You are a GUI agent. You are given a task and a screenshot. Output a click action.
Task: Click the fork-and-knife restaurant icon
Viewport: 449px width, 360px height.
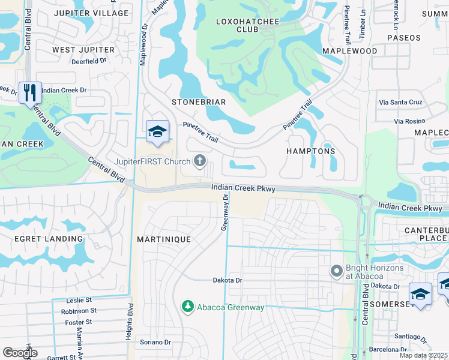click(x=30, y=93)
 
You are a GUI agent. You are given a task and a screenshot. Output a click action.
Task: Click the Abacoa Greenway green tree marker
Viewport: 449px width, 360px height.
click(x=188, y=307)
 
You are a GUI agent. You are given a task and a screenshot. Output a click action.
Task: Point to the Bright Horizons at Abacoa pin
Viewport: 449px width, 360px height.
click(x=336, y=272)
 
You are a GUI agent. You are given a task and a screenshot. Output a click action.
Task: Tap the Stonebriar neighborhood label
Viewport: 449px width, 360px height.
click(x=199, y=102)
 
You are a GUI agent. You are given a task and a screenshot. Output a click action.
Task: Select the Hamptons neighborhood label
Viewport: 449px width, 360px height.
click(x=310, y=152)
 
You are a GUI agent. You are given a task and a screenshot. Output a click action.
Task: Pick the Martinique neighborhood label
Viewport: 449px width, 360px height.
click(x=163, y=239)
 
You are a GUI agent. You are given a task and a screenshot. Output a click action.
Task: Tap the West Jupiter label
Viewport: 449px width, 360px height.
click(x=83, y=49)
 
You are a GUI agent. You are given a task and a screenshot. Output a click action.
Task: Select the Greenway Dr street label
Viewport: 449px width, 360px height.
click(x=225, y=211)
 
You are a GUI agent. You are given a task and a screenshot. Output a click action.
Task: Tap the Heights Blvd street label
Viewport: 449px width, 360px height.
click(x=130, y=321)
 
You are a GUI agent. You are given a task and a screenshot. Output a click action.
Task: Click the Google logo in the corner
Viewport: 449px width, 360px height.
click(x=20, y=352)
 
